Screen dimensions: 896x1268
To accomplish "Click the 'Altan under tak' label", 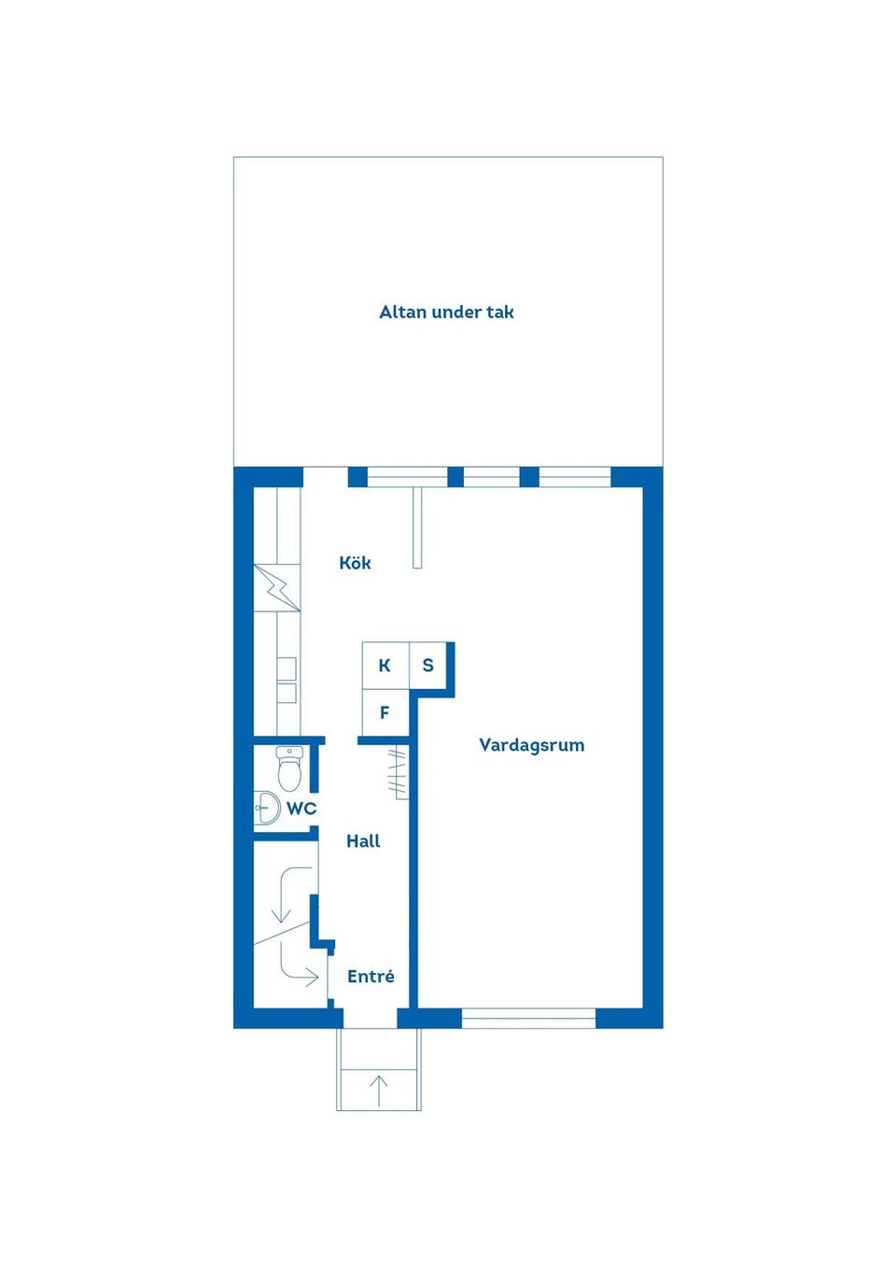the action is (x=446, y=312).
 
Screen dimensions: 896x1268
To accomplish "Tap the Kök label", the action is (x=356, y=562).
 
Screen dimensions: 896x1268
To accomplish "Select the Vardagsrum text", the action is (x=532, y=744).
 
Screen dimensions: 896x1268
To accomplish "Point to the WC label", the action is (x=301, y=809).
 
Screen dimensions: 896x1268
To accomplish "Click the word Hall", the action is (x=363, y=841).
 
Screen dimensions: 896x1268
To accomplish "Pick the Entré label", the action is (x=371, y=977).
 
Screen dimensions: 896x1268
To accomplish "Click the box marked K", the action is (x=385, y=666).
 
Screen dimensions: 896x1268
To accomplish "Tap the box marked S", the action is (x=427, y=666).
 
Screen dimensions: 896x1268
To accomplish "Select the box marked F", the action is (x=385, y=713).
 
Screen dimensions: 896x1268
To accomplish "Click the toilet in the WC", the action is (x=289, y=768).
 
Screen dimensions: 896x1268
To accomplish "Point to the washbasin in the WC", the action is (x=266, y=808).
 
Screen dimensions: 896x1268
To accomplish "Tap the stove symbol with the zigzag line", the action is (x=276, y=587).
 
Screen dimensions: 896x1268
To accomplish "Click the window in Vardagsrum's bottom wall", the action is (x=529, y=1019).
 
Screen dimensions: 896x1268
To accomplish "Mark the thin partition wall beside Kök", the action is (x=417, y=528).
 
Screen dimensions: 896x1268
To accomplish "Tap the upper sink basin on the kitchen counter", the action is (x=287, y=668).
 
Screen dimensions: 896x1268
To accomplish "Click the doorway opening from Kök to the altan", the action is (x=325, y=477).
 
